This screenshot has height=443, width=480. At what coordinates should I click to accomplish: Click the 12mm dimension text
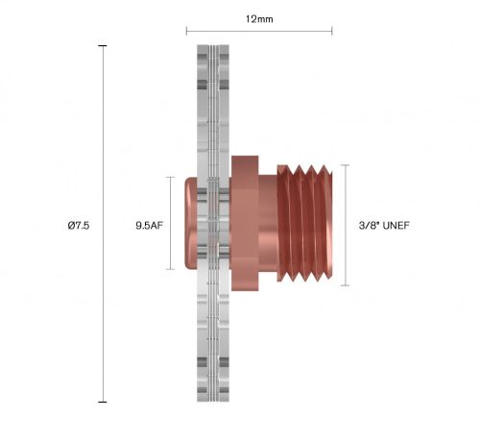tap(259, 17)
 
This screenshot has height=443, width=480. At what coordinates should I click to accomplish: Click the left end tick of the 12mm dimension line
tap(186, 31)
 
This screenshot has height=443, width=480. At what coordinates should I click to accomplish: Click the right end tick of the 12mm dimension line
tap(332, 31)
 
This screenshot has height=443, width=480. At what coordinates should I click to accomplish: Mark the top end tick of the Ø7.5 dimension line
tap(103, 45)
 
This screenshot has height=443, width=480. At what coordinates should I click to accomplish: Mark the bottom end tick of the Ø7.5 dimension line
tap(103, 402)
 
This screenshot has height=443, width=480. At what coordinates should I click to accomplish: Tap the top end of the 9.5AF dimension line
tap(173, 177)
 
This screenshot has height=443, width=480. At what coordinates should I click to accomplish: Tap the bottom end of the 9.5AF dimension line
tap(173, 269)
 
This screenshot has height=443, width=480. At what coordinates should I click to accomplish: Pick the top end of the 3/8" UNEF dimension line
tap(345, 164)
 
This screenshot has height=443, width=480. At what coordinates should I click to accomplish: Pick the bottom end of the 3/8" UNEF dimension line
tap(345, 285)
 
